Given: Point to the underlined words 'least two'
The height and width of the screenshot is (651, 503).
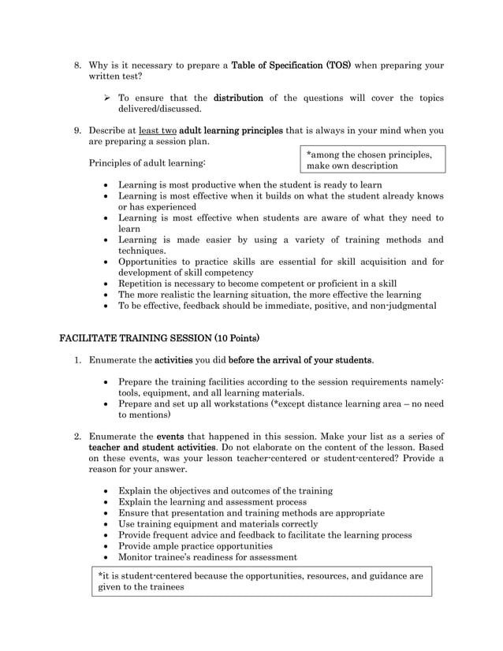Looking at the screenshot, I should pos(157,131).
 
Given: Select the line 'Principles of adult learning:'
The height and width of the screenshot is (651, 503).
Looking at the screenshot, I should pos(147,163).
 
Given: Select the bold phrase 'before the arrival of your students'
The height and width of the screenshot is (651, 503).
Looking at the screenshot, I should pos(300,360).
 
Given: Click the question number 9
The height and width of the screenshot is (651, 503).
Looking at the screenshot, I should pos(77,131).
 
